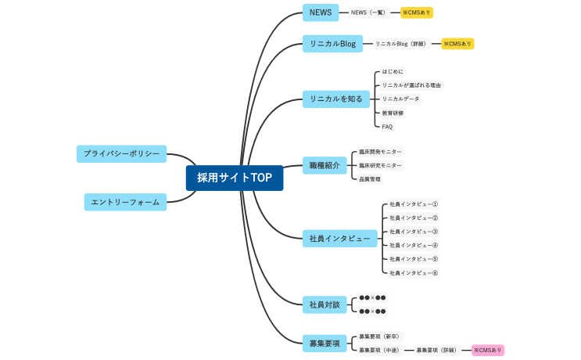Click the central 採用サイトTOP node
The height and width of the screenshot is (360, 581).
coord(235,178)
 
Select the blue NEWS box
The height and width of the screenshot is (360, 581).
coord(321,13)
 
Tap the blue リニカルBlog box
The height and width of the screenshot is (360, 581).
coord(332,44)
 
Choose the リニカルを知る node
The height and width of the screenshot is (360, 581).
coord(334,99)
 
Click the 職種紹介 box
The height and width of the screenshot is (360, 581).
coord(324,165)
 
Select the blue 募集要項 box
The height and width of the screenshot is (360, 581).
coord(325,343)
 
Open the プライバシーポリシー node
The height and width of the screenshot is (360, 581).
coord(121,153)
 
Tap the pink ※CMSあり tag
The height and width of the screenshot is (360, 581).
coord(488,350)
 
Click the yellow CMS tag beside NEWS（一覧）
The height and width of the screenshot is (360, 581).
coord(417,13)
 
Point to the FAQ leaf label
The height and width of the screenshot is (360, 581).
coord(388,127)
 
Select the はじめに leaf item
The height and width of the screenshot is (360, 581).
coord(393,71)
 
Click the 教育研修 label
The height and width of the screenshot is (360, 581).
coord(393,113)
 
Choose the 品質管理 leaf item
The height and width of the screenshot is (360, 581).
coord(370,179)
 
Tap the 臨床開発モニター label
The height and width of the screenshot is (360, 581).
coord(381,152)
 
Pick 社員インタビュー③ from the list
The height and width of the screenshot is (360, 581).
coord(414,232)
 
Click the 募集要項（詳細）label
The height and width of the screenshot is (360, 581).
coord(436,350)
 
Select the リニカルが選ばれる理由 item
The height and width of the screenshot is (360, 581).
coord(411,85)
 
